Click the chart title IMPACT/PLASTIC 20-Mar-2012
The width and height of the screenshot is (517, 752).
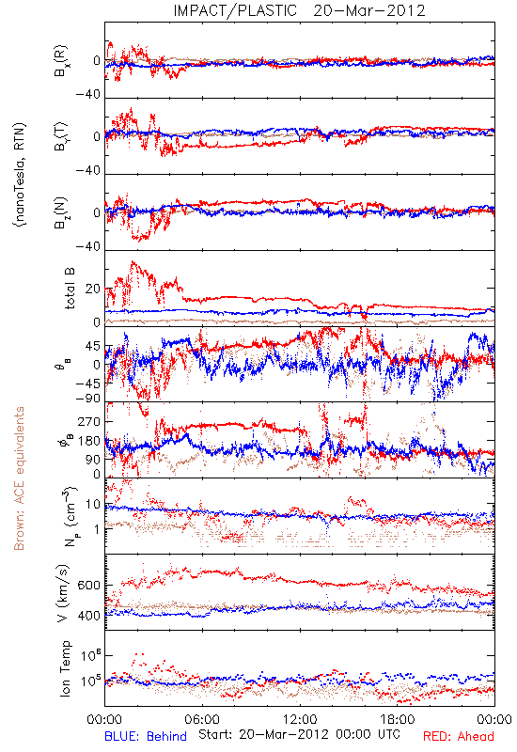[x=299, y=10]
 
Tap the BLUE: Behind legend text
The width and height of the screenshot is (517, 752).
[x=146, y=736]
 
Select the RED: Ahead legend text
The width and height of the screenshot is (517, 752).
[x=458, y=736]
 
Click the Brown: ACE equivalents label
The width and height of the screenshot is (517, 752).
[x=19, y=478]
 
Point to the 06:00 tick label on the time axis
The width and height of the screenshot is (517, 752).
[x=202, y=719]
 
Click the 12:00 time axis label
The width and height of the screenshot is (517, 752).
[x=300, y=719]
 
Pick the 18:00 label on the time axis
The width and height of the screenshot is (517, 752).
[x=398, y=719]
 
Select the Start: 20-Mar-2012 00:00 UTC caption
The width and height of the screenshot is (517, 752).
[x=299, y=734]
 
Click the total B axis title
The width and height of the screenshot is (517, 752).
[x=69, y=289]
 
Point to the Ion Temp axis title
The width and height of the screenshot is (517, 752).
[x=65, y=668]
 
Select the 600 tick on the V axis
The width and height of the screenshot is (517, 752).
[x=88, y=586]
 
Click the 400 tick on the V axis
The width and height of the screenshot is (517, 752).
[x=88, y=616]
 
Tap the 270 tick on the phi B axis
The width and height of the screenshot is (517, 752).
[x=89, y=421]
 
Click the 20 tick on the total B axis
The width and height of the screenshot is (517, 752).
[x=93, y=289]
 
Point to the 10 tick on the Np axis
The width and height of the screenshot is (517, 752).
[x=93, y=505]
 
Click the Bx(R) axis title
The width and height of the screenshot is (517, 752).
[x=61, y=61]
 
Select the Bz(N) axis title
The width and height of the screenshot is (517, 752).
[x=61, y=212]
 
